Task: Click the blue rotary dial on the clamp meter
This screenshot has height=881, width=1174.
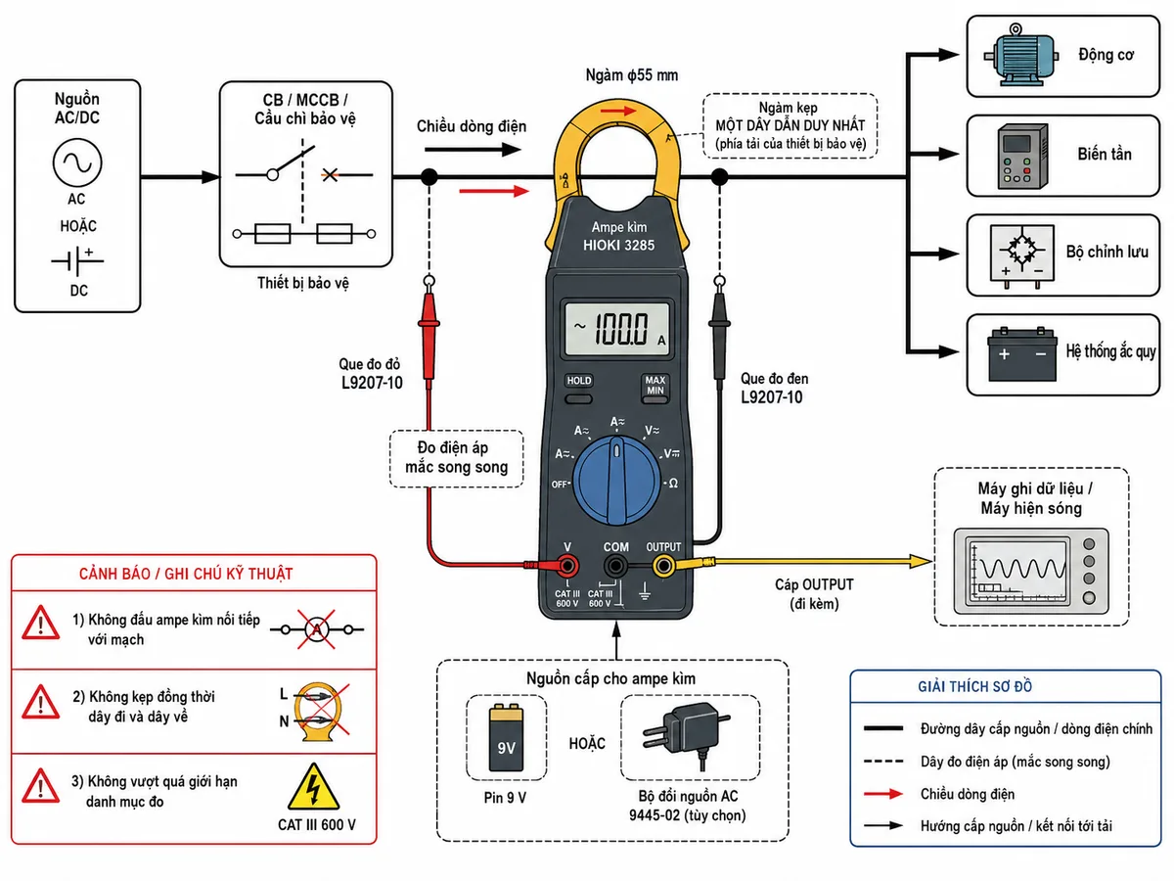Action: [616, 480]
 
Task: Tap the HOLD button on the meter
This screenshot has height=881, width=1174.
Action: [579, 398]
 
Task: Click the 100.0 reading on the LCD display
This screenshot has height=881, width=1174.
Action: [621, 328]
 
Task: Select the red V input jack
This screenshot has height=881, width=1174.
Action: [566, 565]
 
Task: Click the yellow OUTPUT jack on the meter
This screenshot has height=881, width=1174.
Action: [663, 565]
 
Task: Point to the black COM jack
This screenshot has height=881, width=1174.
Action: [615, 565]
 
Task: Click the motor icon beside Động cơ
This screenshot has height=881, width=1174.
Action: [1021, 55]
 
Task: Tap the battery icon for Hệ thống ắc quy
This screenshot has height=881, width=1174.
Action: [1021, 354]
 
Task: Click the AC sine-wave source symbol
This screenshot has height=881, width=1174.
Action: [77, 162]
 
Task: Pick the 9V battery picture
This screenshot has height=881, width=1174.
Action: [506, 737]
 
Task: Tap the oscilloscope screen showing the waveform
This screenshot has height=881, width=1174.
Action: [1015, 571]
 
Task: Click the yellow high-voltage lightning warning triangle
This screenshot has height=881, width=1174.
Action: [313, 787]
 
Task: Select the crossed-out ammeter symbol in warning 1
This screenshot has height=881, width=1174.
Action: [317, 629]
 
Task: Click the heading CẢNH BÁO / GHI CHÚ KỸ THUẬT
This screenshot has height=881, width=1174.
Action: [186, 574]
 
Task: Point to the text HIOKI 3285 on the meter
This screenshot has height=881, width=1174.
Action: [618, 246]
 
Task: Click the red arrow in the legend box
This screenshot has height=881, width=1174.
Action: [883, 794]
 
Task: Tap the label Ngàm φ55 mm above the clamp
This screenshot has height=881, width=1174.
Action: [632, 75]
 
